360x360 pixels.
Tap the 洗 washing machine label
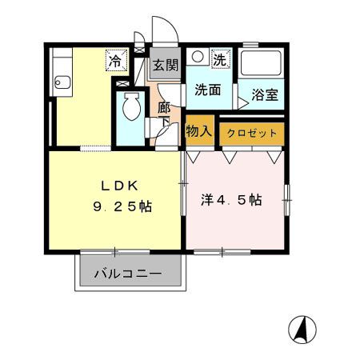pos(219,58)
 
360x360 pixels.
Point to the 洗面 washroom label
pos(209,91)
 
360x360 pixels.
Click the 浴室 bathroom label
pos(265,95)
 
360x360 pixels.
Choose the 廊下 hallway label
pos(164,114)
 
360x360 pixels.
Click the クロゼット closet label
pos(251,133)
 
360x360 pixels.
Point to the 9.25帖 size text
pos(120,206)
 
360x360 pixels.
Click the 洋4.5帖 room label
pos(231,201)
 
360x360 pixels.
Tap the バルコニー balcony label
pos(128,274)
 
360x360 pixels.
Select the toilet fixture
pos(130,108)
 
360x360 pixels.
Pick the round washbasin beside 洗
pos(198,58)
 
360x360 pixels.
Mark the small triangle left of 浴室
pos(238,102)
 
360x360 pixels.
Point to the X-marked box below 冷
pos(122,83)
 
